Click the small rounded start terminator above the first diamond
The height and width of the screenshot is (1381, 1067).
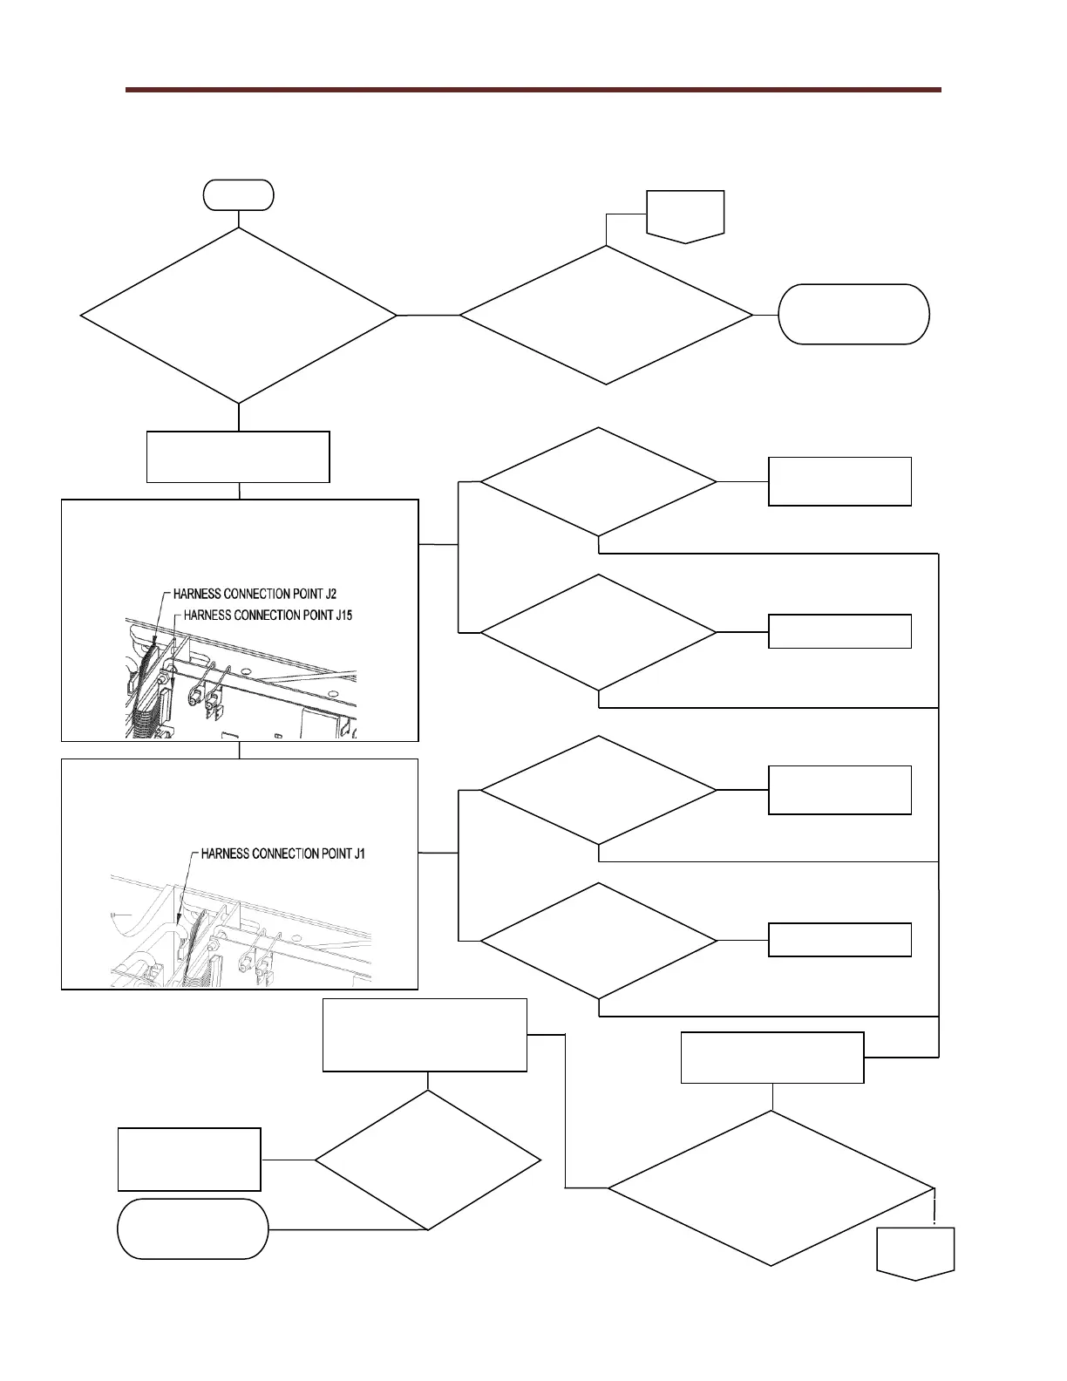click(x=238, y=194)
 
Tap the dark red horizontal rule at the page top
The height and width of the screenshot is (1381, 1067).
click(x=533, y=89)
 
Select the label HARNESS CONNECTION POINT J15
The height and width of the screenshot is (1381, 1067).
click(x=268, y=615)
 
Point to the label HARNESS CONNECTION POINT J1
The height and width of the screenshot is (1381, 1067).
click(x=282, y=854)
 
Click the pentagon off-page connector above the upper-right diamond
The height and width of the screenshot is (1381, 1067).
click(x=685, y=214)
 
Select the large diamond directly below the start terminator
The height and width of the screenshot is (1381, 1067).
click(x=238, y=316)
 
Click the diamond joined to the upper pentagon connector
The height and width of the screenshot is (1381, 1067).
click(x=606, y=315)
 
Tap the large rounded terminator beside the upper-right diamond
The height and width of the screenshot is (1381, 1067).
click(x=853, y=314)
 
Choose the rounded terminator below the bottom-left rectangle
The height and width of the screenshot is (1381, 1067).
click(x=193, y=1228)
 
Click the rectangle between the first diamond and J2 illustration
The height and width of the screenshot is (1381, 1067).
click(x=238, y=456)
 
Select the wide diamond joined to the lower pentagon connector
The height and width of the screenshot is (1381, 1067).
click(x=771, y=1187)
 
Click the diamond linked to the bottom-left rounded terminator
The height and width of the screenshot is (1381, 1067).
click(x=427, y=1160)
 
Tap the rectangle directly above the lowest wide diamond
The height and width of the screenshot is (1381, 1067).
click(x=771, y=1058)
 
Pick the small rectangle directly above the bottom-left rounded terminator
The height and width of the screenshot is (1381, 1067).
click(x=189, y=1159)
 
